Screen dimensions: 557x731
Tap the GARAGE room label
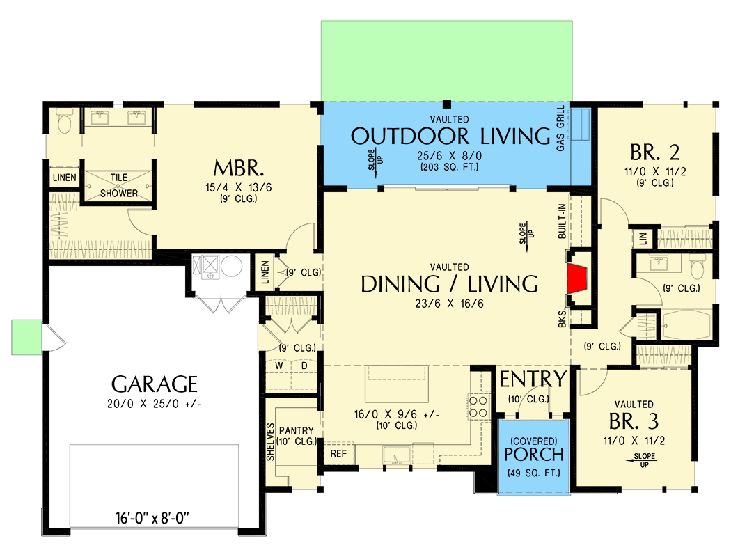pos(155,384)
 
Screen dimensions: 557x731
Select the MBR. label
pos(238,168)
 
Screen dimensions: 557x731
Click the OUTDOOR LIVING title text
pos(450,136)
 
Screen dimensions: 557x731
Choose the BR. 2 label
pos(654,152)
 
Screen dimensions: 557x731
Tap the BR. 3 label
pos(634,422)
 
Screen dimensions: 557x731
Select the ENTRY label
pos(533,379)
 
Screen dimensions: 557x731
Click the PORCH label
pos(535,454)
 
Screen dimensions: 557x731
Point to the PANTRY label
pos(297,431)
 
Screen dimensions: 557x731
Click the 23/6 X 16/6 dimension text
pos(449,303)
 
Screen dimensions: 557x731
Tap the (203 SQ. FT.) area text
pos(449,167)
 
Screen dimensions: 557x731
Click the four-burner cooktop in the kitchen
pos(478,407)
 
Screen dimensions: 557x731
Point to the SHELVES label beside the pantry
pos(271,442)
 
